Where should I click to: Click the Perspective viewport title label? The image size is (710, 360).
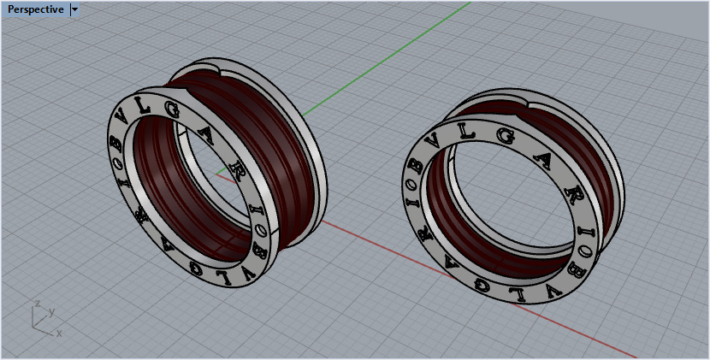34,9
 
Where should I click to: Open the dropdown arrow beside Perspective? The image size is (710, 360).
75,9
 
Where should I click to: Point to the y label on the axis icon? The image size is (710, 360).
51,311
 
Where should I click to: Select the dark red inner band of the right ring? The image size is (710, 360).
590,171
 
